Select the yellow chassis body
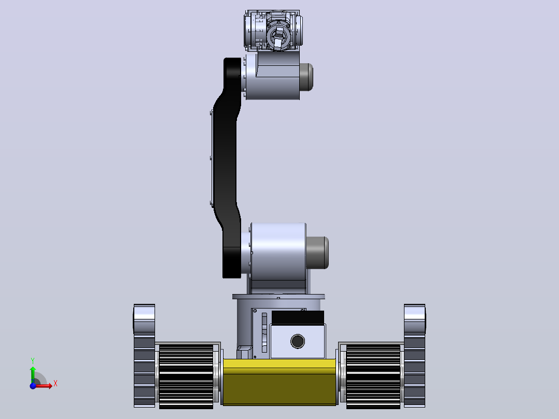[279, 382]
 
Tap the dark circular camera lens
[298, 341]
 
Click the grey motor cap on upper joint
[306, 77]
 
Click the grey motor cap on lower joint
[317, 253]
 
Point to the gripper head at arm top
[273, 31]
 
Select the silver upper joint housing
[271, 76]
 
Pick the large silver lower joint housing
[274, 252]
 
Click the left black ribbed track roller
[186, 376]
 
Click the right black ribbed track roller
[373, 376]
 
